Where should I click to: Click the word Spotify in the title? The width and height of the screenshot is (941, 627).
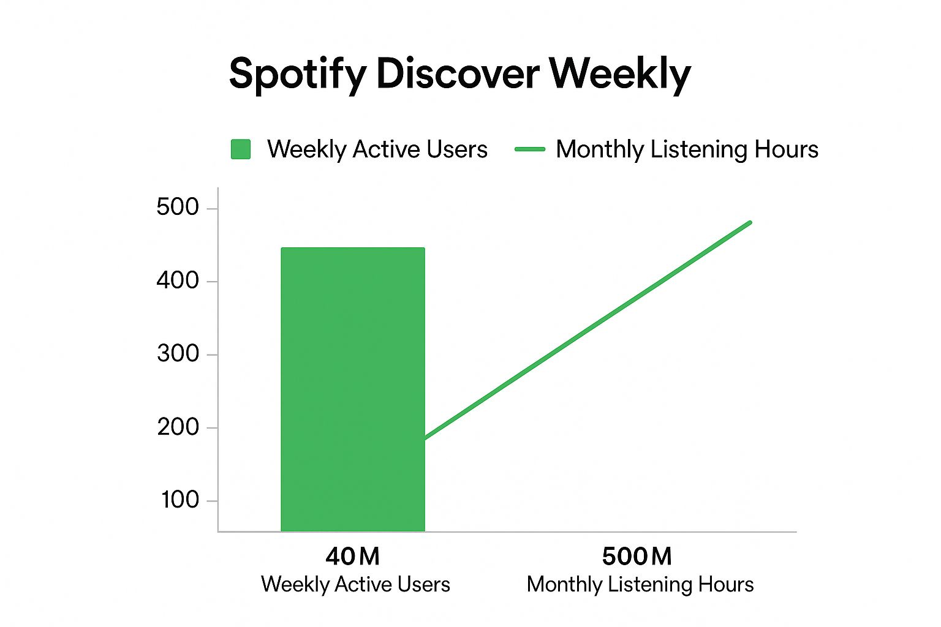pyautogui.click(x=297, y=75)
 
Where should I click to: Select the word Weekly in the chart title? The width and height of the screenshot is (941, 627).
pyautogui.click(x=620, y=75)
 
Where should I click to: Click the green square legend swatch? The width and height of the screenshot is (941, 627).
pyautogui.click(x=241, y=149)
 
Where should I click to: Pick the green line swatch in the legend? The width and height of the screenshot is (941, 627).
pyautogui.click(x=530, y=149)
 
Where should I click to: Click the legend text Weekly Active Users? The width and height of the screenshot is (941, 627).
pyautogui.click(x=377, y=149)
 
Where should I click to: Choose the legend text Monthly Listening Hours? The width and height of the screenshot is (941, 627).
pyautogui.click(x=687, y=149)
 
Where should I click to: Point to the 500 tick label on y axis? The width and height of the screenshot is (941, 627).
pyautogui.click(x=178, y=208)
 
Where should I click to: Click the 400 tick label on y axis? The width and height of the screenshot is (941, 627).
pyautogui.click(x=178, y=280)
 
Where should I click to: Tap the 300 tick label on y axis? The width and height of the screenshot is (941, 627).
pyautogui.click(x=178, y=354)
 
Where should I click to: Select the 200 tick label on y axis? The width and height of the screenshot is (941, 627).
pyautogui.click(x=178, y=427)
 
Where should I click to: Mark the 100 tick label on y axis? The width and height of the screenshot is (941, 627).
pyautogui.click(x=180, y=500)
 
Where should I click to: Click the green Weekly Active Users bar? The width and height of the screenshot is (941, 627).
pyautogui.click(x=353, y=389)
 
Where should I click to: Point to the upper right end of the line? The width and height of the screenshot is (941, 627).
pyautogui.click(x=750, y=222)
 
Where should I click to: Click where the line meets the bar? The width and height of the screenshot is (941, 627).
pyautogui.click(x=425, y=438)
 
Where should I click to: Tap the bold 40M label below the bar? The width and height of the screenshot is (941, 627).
pyautogui.click(x=352, y=557)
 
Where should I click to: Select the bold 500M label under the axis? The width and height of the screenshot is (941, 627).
pyautogui.click(x=637, y=557)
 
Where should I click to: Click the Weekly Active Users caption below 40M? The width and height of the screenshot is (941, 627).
pyautogui.click(x=355, y=585)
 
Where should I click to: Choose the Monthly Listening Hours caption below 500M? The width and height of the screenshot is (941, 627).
pyautogui.click(x=640, y=585)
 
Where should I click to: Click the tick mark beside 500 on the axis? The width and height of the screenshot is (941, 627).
pyautogui.click(x=212, y=209)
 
